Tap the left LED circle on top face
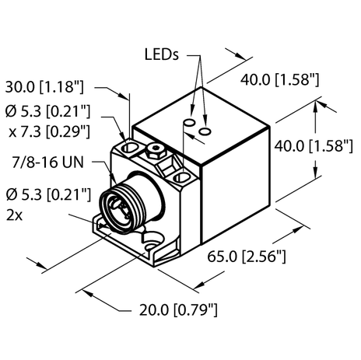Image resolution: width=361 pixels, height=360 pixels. tap(188, 123)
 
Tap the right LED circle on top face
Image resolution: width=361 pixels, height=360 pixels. tap(204, 132)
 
